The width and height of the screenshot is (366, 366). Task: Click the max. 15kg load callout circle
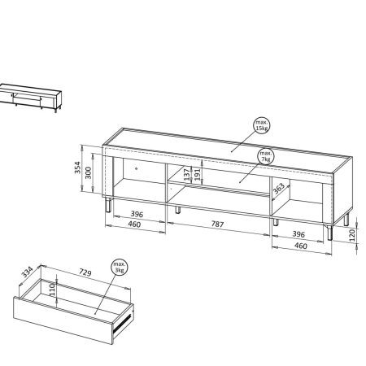(x=262, y=125)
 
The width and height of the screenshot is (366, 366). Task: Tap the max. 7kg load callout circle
(x=266, y=156)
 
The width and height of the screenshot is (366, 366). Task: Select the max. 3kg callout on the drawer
(x=120, y=268)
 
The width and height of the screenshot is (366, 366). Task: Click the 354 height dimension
(x=77, y=168)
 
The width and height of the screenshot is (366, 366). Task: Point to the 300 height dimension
(x=89, y=172)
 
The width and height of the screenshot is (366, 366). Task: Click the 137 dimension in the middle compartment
(x=187, y=175)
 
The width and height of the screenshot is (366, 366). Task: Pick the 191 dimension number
(x=198, y=175)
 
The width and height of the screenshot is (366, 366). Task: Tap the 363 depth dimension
(x=278, y=189)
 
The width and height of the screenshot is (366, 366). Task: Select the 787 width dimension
(x=217, y=224)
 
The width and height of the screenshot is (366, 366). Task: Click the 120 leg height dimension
(x=352, y=235)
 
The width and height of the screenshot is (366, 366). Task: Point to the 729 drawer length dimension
(x=85, y=272)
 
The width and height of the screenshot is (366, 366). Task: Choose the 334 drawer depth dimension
(x=27, y=272)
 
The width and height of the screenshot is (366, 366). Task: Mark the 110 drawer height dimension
(x=52, y=289)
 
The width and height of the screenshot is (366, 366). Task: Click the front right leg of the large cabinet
(x=329, y=233)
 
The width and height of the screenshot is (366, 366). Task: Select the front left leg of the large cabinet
(x=108, y=204)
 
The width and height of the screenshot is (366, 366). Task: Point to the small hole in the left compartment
(x=136, y=168)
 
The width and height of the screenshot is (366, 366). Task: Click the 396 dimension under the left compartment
(x=137, y=214)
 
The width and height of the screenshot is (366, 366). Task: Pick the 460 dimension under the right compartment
(x=301, y=246)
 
